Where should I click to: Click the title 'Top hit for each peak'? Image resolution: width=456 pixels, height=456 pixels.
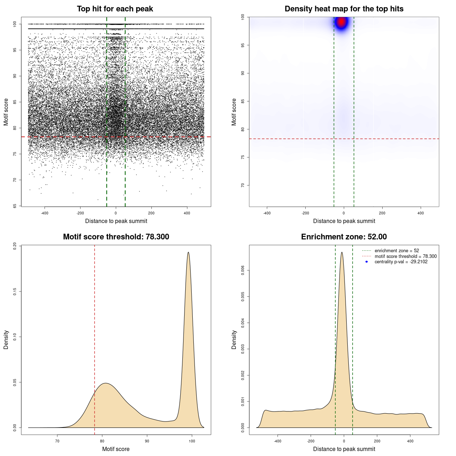[115, 9]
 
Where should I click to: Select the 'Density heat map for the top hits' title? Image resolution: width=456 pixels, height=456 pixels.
[344, 9]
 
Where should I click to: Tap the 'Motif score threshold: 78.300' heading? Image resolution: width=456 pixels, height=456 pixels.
[116, 237]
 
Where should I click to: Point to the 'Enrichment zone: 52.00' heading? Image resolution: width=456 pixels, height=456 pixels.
[344, 237]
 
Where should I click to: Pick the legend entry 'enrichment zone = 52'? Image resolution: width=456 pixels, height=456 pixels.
[397, 251]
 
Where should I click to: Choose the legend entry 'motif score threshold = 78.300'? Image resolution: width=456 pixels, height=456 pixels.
[405, 256]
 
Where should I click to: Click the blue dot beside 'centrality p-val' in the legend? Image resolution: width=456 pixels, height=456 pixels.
[367, 262]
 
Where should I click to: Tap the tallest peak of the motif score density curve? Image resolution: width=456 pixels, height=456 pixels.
[188, 253]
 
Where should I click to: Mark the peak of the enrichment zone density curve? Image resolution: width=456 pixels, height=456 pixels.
[342, 253]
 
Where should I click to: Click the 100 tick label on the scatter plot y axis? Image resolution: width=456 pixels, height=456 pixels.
[15, 24]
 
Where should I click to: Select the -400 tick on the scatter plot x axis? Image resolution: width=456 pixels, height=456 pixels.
[45, 213]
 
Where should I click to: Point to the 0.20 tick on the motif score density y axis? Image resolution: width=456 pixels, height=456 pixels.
[15, 246]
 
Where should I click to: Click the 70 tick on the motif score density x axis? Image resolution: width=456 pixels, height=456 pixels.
[57, 441]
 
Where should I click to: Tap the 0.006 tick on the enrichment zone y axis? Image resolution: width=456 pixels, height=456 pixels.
[243, 270]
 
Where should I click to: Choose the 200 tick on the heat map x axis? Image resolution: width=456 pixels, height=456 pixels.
[382, 213]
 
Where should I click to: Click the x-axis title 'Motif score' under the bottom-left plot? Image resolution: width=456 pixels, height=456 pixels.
[116, 449]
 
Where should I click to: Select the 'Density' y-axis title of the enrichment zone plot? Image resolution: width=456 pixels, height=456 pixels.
[234, 340]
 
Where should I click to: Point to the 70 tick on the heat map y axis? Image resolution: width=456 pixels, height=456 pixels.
[243, 185]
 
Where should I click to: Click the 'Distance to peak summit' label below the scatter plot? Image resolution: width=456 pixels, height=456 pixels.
[116, 221]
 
